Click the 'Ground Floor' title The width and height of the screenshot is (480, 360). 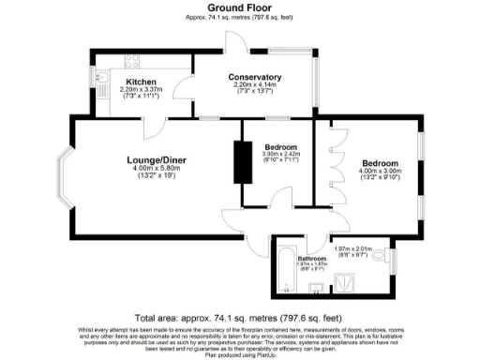pos(239,7)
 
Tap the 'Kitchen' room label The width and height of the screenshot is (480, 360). pos(141,82)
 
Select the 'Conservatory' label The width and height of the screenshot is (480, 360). pos(254,77)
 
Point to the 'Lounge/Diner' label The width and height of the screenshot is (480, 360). pos(157,160)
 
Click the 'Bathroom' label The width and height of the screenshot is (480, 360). pos(311,257)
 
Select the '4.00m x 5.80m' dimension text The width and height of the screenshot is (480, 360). pos(157,170)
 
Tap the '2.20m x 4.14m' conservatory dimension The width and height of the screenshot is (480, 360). pos(254,85)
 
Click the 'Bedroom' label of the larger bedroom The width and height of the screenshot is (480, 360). pos(380,163)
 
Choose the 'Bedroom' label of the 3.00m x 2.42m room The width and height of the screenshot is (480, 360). pos(280,148)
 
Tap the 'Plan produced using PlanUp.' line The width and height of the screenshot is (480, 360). pos(240,355)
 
